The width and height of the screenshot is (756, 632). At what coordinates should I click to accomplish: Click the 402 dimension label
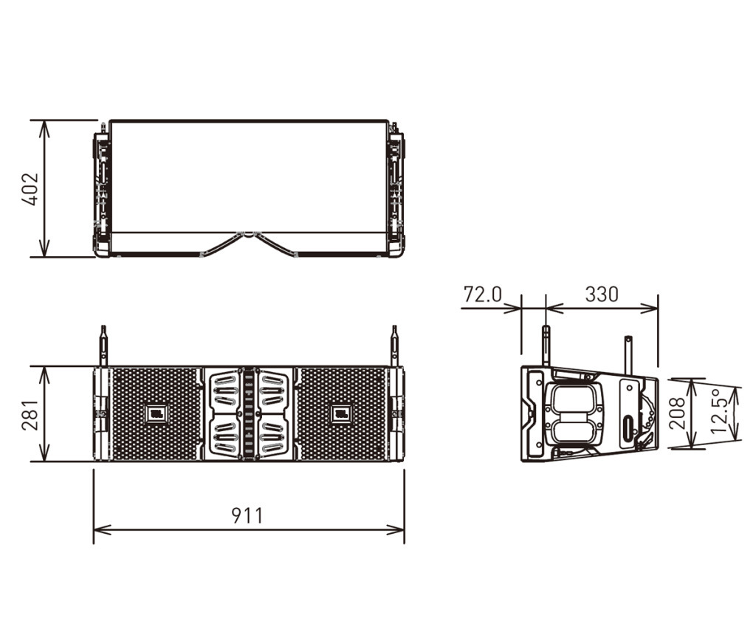[x=30, y=189]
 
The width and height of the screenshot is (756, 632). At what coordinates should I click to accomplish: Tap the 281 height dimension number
[x=30, y=414]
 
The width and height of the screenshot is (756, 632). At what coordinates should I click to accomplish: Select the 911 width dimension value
[x=247, y=515]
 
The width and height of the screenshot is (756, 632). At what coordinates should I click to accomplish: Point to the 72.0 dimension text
[x=483, y=294]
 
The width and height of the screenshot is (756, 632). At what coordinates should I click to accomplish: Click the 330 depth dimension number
[x=602, y=294]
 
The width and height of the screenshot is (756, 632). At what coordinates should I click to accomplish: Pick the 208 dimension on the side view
[x=678, y=413]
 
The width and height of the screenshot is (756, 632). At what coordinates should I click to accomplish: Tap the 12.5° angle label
[x=718, y=411]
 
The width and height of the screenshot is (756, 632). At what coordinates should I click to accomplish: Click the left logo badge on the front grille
[x=157, y=413]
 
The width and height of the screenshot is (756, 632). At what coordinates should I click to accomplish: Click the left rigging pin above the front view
[x=103, y=346]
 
